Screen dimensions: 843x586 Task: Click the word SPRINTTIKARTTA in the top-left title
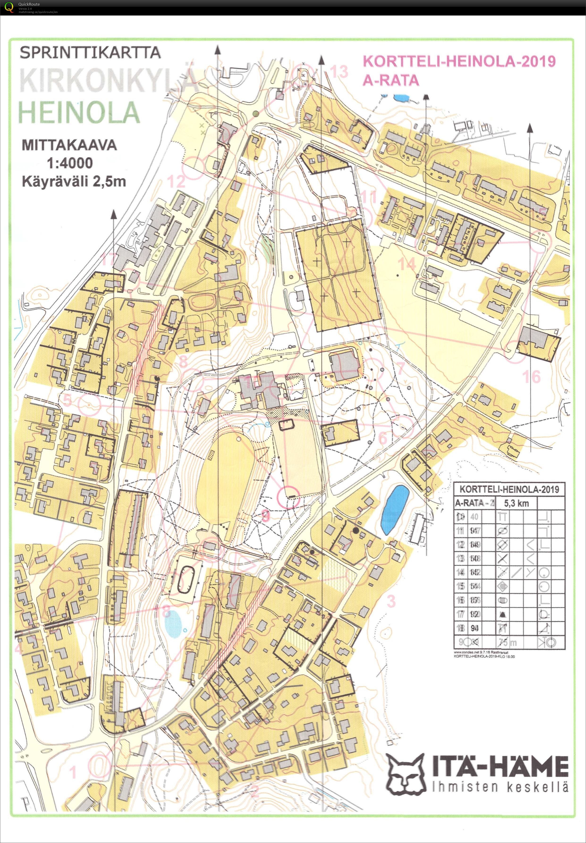click(90, 52)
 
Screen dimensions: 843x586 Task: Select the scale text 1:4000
click(70, 163)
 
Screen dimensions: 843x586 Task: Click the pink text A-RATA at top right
click(391, 80)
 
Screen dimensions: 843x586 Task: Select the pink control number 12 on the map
click(176, 181)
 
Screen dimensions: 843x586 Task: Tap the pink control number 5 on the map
click(67, 400)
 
